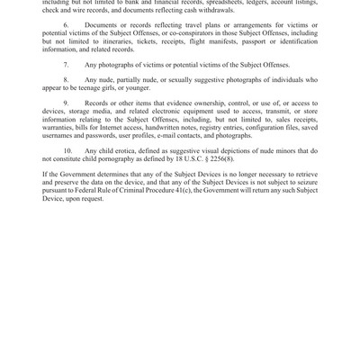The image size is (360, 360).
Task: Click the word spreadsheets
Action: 218,4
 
